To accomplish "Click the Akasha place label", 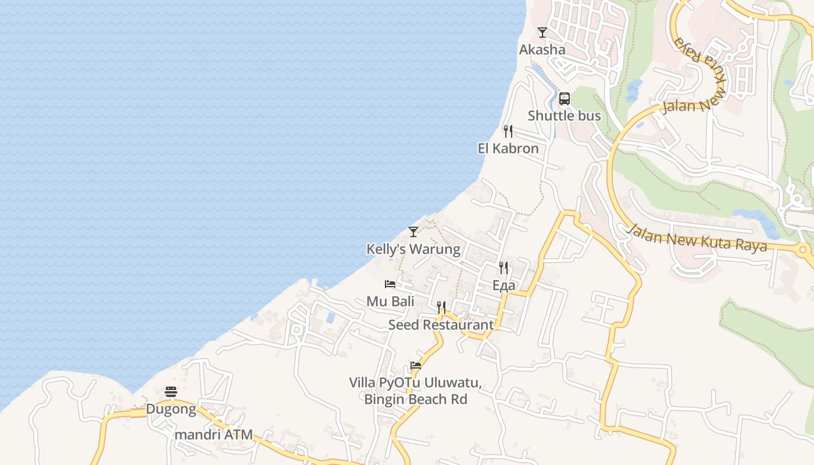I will point(542,49).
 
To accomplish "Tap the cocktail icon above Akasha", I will point(542,33).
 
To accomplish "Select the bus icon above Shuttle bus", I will point(564,99).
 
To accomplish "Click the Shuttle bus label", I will point(564,116).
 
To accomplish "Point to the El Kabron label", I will point(508,148).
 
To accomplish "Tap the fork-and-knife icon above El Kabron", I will point(508,131).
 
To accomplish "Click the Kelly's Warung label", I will point(413,249).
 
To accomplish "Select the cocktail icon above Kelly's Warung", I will point(413,232).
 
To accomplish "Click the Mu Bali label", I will point(390,301).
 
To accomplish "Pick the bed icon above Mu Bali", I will point(390,284).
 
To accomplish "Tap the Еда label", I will point(504,285).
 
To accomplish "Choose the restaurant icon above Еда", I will point(504,268).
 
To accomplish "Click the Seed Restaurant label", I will point(441,324).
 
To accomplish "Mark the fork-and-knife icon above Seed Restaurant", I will point(441,307).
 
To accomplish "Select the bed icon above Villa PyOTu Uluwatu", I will point(415,366).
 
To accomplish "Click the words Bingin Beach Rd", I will point(416,399).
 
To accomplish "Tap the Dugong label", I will point(171,409).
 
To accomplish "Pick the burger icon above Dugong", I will point(171,392).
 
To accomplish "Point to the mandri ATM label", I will point(213,434).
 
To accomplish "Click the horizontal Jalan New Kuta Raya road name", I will point(697,238).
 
